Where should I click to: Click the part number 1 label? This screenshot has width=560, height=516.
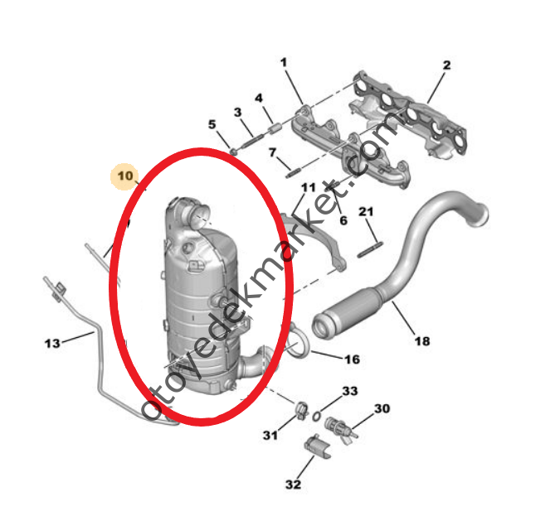tap(283, 62)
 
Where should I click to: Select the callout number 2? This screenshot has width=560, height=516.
tap(446, 65)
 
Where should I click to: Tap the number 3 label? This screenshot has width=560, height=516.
tap(237, 112)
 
